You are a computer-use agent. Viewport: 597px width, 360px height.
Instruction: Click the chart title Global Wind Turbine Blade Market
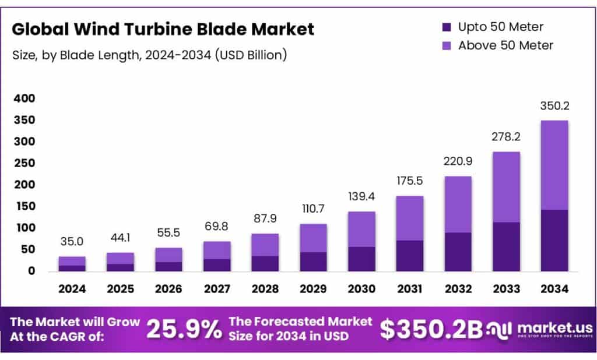163,29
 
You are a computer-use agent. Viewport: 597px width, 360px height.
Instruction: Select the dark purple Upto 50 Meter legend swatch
447,27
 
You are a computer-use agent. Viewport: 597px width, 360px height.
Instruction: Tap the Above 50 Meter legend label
505,45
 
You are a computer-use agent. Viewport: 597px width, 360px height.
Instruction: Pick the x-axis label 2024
72,288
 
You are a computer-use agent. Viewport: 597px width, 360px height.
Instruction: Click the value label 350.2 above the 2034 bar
554,107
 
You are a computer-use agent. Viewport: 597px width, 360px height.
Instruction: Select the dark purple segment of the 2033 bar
505,246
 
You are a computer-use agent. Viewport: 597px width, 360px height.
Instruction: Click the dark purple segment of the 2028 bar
265,263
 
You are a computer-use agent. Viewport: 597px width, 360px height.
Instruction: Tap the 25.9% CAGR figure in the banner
184,330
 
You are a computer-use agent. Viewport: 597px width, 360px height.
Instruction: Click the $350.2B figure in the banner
431,330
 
